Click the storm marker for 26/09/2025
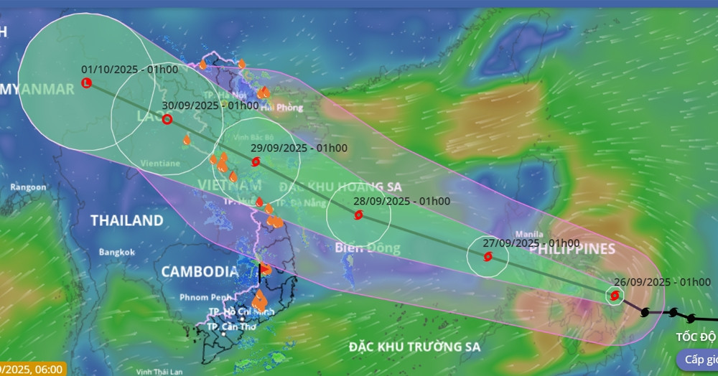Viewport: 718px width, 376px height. [x=614, y=295]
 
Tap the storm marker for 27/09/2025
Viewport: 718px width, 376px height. [x=488, y=256]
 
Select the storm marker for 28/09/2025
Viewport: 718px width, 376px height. [x=358, y=215]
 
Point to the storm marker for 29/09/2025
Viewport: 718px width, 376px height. [x=256, y=162]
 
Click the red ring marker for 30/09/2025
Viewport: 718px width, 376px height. [x=167, y=119]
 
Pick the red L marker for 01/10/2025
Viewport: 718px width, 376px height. [x=87, y=83]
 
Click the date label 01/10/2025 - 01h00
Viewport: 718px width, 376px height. [x=130, y=70]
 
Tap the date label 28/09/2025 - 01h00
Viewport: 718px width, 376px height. [x=402, y=201]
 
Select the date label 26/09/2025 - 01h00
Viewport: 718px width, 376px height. [x=663, y=282]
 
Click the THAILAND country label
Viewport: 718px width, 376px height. [x=126, y=220]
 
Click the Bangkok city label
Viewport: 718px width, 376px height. [x=117, y=253]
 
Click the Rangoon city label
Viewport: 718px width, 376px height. [x=29, y=187]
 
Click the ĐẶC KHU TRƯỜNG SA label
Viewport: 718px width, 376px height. [x=414, y=347]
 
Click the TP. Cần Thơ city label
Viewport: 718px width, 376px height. [x=232, y=327]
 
